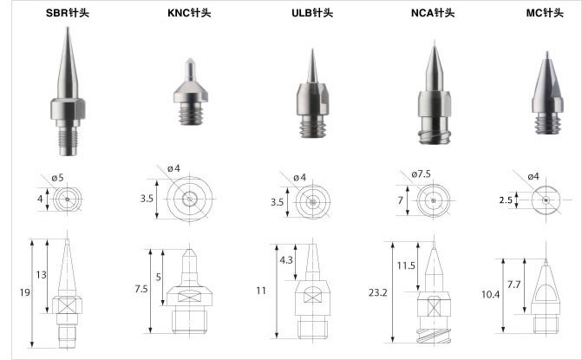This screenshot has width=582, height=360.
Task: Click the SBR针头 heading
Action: (68, 13)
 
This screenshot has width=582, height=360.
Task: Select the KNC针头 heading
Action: (189, 13)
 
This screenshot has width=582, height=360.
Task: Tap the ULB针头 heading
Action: (312, 13)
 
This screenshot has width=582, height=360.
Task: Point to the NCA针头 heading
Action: (433, 13)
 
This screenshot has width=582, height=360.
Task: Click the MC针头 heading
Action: (545, 13)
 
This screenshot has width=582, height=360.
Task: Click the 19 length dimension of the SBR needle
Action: (25, 292)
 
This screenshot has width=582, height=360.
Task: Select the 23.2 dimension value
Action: (378, 293)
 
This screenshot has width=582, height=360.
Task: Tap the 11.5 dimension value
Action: (406, 265)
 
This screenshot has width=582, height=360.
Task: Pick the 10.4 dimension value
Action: (490, 295)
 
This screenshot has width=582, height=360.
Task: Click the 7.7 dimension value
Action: (513, 285)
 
